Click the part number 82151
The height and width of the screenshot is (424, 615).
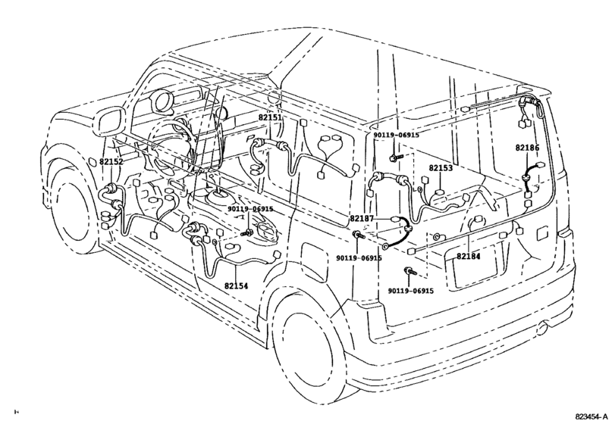[x=269, y=117]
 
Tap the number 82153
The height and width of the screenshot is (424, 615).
[x=441, y=168]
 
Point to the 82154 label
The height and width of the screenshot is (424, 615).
[x=236, y=285]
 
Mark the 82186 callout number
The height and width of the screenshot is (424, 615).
[x=527, y=148]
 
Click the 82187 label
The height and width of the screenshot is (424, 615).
[x=362, y=218]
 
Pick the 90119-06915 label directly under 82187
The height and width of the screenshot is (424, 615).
[x=359, y=257]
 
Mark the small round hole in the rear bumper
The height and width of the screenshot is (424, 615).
[x=542, y=328]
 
